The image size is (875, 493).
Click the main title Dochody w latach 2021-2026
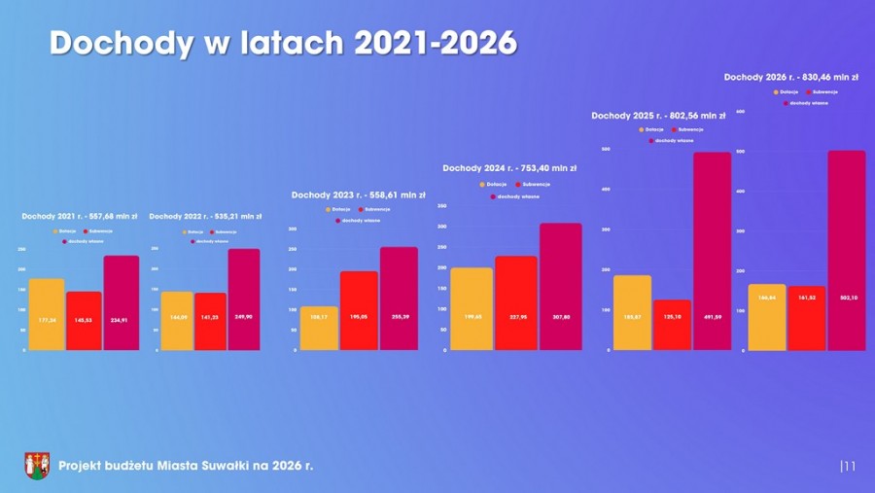283,44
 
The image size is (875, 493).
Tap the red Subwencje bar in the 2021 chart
84,321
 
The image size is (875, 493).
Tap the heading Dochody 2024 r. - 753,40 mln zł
509,168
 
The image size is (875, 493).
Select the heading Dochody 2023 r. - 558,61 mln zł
359,194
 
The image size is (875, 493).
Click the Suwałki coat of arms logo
37,465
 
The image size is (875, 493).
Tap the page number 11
848,466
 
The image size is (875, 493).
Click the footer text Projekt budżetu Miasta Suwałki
186,466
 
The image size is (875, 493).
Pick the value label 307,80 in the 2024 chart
561,317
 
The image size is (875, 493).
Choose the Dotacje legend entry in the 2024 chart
493,184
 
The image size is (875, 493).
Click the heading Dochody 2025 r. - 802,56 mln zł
659,115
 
